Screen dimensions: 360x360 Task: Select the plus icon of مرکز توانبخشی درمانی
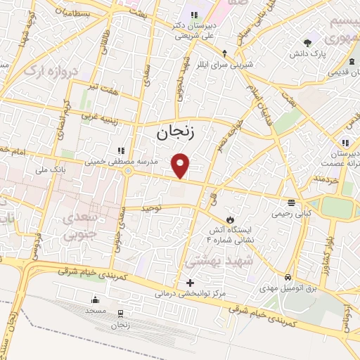tap(189, 283)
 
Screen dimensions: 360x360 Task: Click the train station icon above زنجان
tap(120, 314)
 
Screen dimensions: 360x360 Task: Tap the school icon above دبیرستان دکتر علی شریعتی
tap(193, 15)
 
